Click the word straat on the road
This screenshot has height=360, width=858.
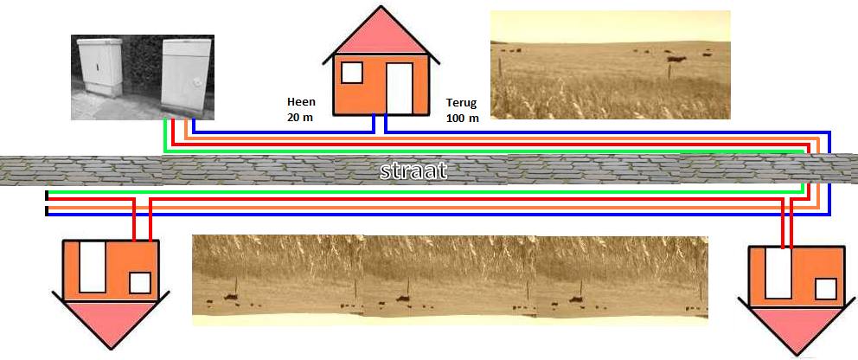pos(413,170)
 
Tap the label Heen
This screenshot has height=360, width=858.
pos(300,101)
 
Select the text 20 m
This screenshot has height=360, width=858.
pos(300,117)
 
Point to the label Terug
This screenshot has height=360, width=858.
pos(461,101)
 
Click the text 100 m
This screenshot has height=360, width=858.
pos(462,118)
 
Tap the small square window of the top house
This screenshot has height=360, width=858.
pos(351,73)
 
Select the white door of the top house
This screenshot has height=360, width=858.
pos(399,88)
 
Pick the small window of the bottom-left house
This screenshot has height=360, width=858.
pos(140,283)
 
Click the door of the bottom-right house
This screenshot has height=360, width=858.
pos(778,273)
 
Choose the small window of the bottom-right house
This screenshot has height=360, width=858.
pos(826,288)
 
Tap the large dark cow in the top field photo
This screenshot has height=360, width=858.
pos(675,60)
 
